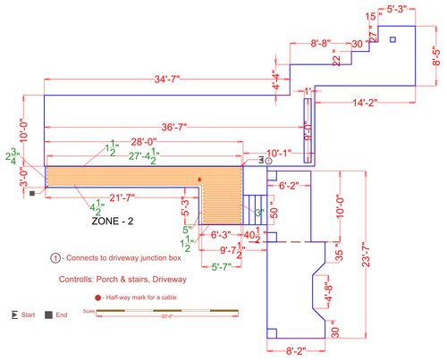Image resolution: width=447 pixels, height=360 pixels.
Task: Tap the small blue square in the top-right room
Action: click(x=392, y=39)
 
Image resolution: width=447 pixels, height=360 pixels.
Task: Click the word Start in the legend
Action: click(x=28, y=315)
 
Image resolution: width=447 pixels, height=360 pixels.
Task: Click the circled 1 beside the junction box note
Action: click(x=55, y=258)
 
